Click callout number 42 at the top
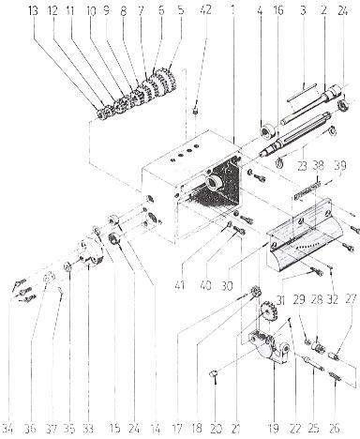click(x=205, y=10)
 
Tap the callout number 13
click(x=33, y=11)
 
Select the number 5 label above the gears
click(x=181, y=10)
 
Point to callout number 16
click(x=277, y=10)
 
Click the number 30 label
click(x=228, y=285)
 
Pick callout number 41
click(x=180, y=285)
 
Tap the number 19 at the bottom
click(x=274, y=428)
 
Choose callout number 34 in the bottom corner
click(x=7, y=428)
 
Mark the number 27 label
click(x=351, y=299)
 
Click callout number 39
click(x=340, y=165)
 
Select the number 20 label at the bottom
click(x=216, y=428)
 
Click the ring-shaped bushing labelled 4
click(x=268, y=130)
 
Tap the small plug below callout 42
click(x=195, y=111)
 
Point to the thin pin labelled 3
click(x=303, y=92)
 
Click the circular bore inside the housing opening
click(x=214, y=182)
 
